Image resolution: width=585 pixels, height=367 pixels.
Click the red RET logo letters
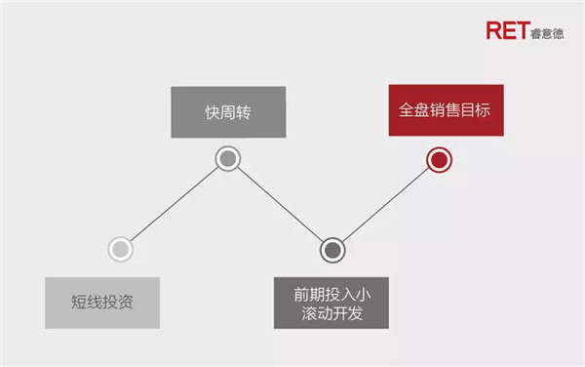click(508, 30)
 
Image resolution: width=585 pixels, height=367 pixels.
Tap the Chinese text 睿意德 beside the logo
click(547, 34)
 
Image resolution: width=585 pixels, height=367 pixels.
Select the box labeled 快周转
click(228, 112)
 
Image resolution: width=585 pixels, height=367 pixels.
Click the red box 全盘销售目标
click(447, 110)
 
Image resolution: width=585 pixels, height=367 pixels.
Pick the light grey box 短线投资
click(102, 303)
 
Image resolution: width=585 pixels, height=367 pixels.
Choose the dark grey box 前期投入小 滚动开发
click(331, 303)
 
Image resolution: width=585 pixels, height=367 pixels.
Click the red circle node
click(439, 160)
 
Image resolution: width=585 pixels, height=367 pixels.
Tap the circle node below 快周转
click(228, 159)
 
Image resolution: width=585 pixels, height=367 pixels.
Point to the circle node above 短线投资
click(121, 249)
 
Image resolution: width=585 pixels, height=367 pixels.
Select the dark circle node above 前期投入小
click(332, 250)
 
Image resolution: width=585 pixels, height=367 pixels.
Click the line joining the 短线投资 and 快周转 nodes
click(175, 204)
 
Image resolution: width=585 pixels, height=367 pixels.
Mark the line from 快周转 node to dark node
click(280, 204)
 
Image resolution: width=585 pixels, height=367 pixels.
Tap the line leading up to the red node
click(386, 205)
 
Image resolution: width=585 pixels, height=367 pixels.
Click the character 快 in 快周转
click(213, 112)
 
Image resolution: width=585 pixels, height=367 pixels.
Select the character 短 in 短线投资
click(79, 302)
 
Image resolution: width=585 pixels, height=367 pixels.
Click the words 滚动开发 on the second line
click(332, 313)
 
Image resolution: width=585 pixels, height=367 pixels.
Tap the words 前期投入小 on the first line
click(332, 295)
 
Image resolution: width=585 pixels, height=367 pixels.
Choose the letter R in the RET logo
click(494, 30)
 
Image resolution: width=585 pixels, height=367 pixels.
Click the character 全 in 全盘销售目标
click(407, 110)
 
